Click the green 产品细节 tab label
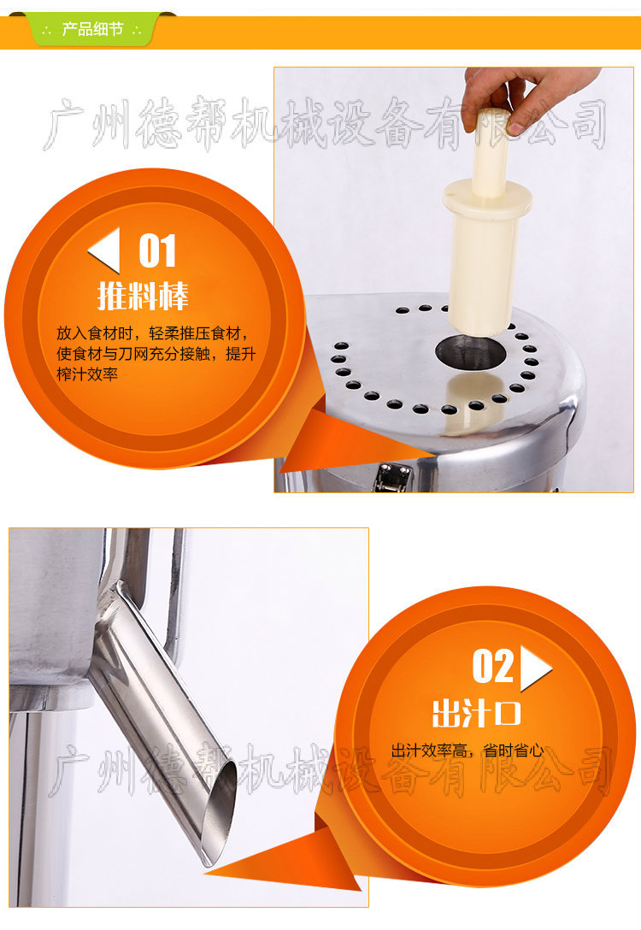click(92, 29)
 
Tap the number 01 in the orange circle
click(157, 251)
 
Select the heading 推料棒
click(143, 296)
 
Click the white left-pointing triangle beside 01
click(104, 250)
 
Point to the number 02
click(492, 667)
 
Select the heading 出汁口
click(476, 713)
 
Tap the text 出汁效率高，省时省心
click(468, 750)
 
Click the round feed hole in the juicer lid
click(471, 351)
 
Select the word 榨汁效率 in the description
click(87, 374)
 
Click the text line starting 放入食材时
click(153, 333)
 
